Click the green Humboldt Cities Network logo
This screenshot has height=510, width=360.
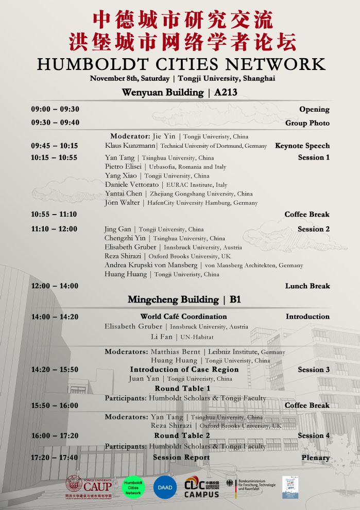(133, 486)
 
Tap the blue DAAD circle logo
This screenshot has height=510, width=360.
(165, 487)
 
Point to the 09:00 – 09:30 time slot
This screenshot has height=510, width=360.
(55, 109)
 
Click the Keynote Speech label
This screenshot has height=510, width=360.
(302, 146)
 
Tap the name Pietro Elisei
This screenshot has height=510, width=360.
(124, 167)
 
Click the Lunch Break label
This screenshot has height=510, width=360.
(307, 286)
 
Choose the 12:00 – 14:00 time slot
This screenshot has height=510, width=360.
(55, 286)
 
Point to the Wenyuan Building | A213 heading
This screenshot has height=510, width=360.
(179, 93)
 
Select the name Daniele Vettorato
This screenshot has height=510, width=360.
(132, 184)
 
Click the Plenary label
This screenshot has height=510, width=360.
(316, 458)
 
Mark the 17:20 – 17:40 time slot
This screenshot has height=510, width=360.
(55, 458)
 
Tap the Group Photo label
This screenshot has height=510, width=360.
(307, 123)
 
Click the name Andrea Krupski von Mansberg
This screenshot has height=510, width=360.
(151, 265)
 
